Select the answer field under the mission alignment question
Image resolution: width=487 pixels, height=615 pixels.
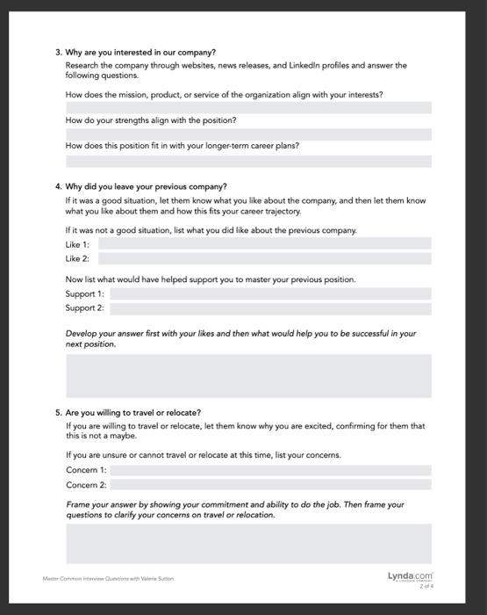click(x=248, y=107)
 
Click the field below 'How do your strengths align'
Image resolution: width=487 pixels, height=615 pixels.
click(x=248, y=134)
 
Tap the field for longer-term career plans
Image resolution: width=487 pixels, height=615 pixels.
click(x=248, y=161)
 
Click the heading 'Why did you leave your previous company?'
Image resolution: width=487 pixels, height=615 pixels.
click(x=146, y=186)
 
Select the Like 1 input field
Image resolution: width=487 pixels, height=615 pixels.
click(x=270, y=243)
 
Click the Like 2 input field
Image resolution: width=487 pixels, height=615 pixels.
click(x=270, y=258)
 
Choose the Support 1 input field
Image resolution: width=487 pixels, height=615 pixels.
click(x=270, y=293)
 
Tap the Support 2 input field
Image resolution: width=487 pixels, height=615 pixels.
click(x=270, y=308)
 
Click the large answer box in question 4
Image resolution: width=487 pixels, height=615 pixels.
click(x=248, y=375)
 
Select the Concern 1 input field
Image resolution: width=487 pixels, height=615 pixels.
click(x=270, y=470)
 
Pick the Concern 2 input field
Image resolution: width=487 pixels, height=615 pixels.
click(x=270, y=484)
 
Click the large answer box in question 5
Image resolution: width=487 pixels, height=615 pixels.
click(x=248, y=543)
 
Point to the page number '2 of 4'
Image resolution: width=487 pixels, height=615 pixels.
click(x=427, y=585)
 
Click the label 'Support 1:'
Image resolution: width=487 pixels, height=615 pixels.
click(x=85, y=293)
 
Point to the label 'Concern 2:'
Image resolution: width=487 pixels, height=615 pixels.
click(x=86, y=484)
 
